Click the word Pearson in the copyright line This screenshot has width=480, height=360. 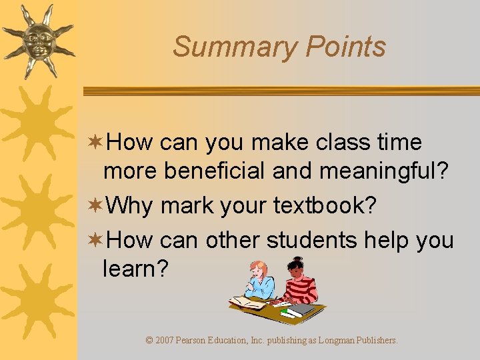click(x=199, y=341)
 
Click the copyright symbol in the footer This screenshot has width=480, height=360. click(x=149, y=341)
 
